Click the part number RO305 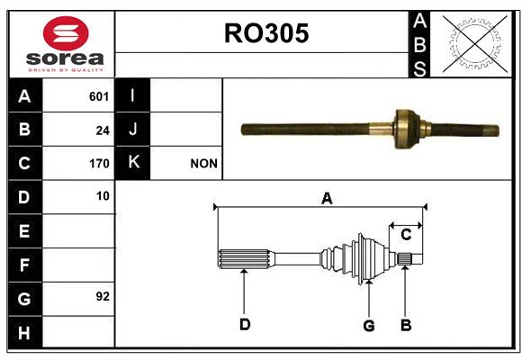click(266, 33)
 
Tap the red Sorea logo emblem click(66, 33)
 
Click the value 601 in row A click(99, 96)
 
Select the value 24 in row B click(103, 130)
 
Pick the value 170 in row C click(99, 164)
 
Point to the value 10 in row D click(103, 196)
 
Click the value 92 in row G click(103, 296)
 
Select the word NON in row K click(203, 164)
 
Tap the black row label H click(25, 332)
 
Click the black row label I click(132, 95)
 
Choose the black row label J click(132, 129)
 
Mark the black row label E click(25, 230)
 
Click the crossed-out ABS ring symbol click(474, 44)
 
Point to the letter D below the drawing click(245, 324)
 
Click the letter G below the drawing click(368, 326)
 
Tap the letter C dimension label click(406, 235)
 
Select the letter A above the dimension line click(327, 199)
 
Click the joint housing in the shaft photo click(406, 129)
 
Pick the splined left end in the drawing click(246, 259)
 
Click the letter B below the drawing click(406, 326)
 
